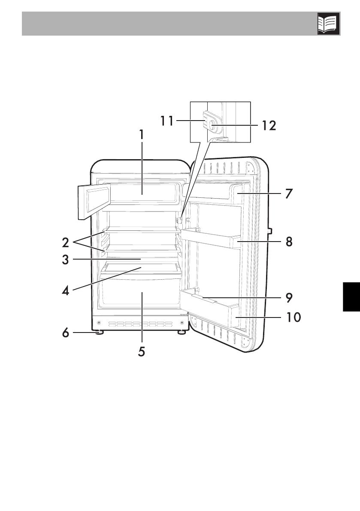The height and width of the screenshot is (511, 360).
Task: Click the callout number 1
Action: [142, 135]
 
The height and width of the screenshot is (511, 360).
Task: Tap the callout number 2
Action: [66, 242]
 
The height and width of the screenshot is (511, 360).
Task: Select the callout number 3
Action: [66, 260]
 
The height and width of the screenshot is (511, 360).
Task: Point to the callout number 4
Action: [66, 290]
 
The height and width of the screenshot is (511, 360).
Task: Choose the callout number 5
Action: [142, 352]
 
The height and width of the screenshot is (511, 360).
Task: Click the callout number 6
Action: [66, 333]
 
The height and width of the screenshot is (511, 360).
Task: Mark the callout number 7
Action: [289, 194]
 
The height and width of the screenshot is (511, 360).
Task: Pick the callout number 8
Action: [289, 242]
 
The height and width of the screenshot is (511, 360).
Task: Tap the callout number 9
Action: [289, 297]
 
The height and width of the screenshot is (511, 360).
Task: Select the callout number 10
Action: [293, 317]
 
